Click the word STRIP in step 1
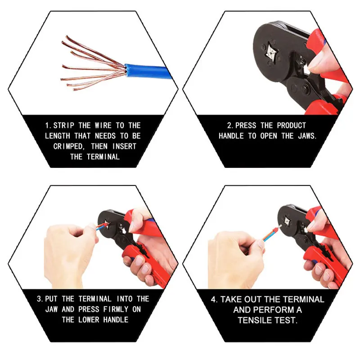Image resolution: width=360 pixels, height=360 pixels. point(64,126)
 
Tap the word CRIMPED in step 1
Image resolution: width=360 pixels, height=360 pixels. point(69,146)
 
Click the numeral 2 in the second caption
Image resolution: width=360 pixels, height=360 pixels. point(229,126)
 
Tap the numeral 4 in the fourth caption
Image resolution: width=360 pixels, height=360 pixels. point(214,299)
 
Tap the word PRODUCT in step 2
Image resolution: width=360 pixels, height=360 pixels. point(291,126)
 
